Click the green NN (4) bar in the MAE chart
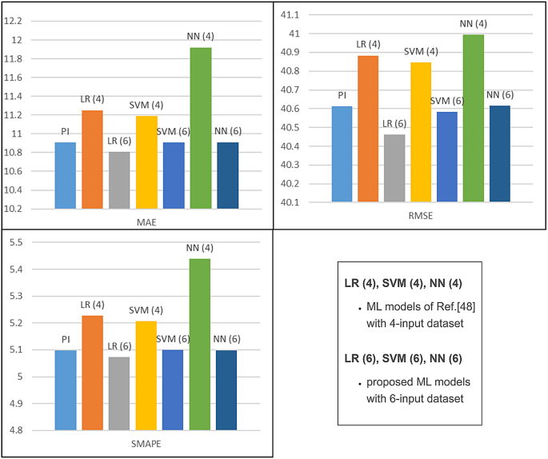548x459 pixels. point(200,128)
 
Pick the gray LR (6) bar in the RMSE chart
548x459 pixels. point(394,168)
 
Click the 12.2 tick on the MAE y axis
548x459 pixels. point(20,21)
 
